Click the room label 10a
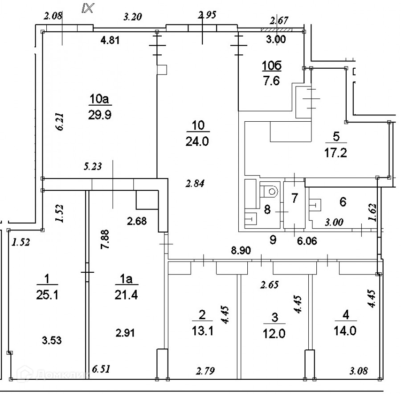pos(99,98)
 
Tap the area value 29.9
pos(100,115)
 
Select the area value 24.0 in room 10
pos(197,141)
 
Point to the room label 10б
pos(272,66)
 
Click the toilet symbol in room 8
pos(269,190)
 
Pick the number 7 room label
pos(295,198)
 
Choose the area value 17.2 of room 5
pos(336,153)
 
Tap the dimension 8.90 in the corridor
pos(241,250)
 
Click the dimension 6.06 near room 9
pos(307,241)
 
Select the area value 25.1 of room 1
pos(47,295)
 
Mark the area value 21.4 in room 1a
pos(127,295)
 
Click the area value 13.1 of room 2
pos(202,331)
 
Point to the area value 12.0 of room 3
pos(274,333)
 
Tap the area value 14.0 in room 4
pos(345,331)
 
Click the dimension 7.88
pos(105,239)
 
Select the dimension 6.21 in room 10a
pos(60,122)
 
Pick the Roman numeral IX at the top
pos(87,8)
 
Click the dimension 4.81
pos(110,41)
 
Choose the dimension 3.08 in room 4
pos(359,370)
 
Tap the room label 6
pos(343,201)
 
